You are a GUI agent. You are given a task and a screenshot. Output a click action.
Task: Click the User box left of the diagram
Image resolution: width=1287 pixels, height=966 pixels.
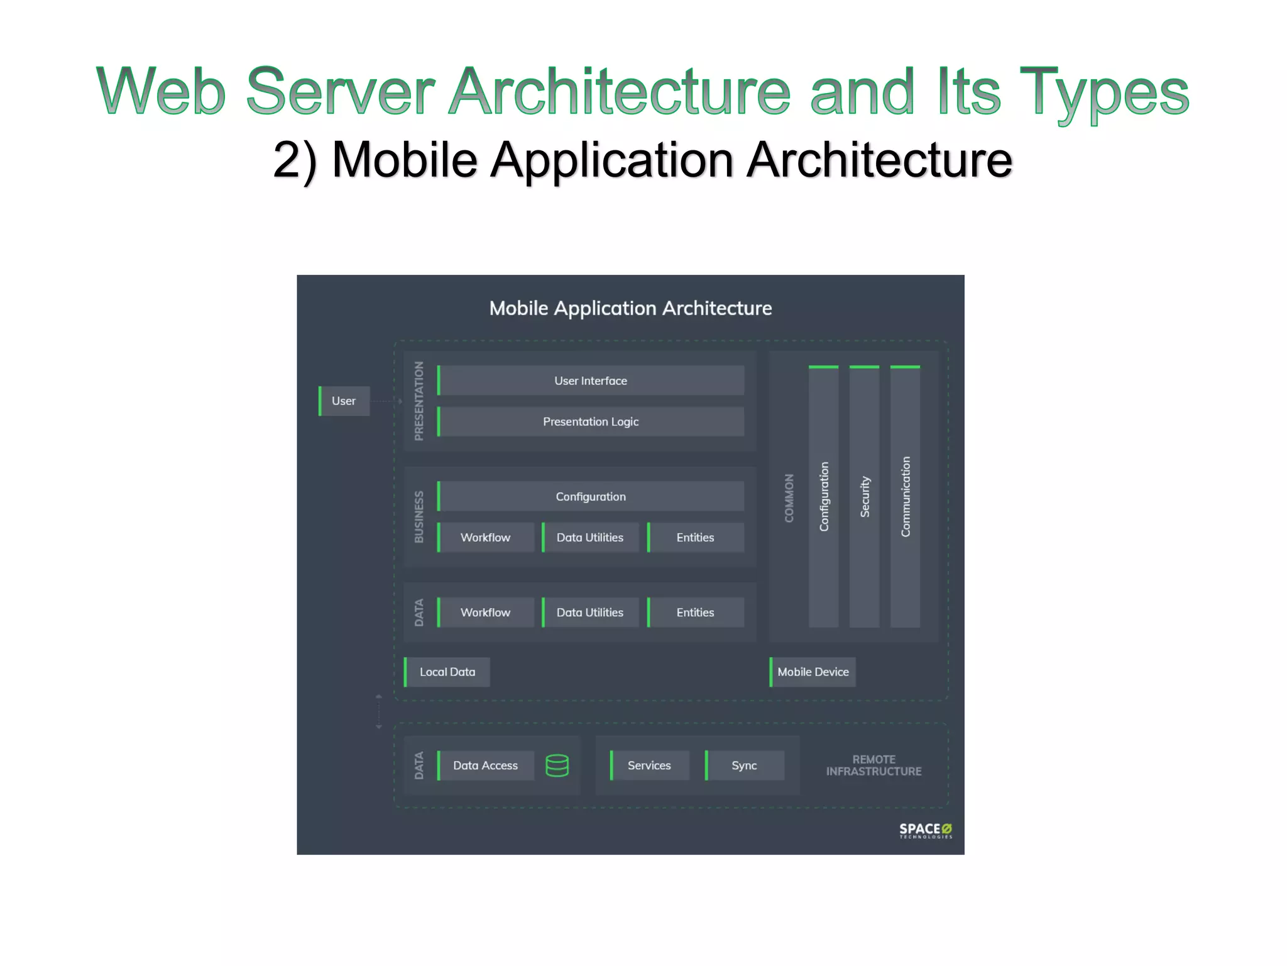pos(344,401)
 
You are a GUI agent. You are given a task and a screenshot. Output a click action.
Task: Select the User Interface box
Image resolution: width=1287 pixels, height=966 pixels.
pos(591,380)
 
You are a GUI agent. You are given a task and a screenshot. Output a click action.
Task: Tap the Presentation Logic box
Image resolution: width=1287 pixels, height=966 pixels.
pos(591,421)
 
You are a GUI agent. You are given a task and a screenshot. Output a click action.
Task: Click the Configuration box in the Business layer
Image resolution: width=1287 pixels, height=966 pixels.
pos(591,496)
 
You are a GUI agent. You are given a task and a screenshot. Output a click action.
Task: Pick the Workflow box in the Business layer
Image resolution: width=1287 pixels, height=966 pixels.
pos(485,538)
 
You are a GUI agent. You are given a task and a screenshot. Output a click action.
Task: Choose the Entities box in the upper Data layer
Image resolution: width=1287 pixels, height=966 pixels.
pos(695,613)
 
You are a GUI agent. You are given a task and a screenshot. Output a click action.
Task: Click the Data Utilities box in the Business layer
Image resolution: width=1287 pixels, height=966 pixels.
pos(590,538)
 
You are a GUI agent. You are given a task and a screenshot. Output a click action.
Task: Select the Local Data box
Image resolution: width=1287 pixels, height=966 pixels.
pos(447,672)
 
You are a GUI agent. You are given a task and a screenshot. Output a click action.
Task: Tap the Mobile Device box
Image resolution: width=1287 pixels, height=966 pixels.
pos(813,672)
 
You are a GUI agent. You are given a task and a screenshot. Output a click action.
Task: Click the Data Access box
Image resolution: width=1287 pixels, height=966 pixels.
pos(485,765)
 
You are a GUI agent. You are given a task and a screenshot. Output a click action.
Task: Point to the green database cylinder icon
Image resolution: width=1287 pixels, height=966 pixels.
pos(557,765)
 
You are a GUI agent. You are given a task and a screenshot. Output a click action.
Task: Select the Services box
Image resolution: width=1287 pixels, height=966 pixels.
pos(649,765)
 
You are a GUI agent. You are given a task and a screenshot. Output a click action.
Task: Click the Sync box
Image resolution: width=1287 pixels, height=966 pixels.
pos(744,765)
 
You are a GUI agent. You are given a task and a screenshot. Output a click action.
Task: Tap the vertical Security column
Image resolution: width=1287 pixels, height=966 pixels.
pos(865,497)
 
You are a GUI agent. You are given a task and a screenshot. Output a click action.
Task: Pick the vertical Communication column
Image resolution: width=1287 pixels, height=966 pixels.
pos(906,497)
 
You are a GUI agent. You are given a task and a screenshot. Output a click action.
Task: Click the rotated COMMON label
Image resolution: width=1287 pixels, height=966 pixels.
pos(789,497)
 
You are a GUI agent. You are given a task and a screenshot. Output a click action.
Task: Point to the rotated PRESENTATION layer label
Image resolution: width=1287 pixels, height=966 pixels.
pos(419,401)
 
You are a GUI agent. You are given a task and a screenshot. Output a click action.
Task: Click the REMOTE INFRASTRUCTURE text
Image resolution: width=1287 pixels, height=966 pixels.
pos(874,765)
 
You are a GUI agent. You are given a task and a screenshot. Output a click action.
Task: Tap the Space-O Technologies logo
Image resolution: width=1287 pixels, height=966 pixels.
pos(925,830)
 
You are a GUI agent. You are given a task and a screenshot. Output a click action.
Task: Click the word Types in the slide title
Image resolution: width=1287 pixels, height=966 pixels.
pos(1104,93)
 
